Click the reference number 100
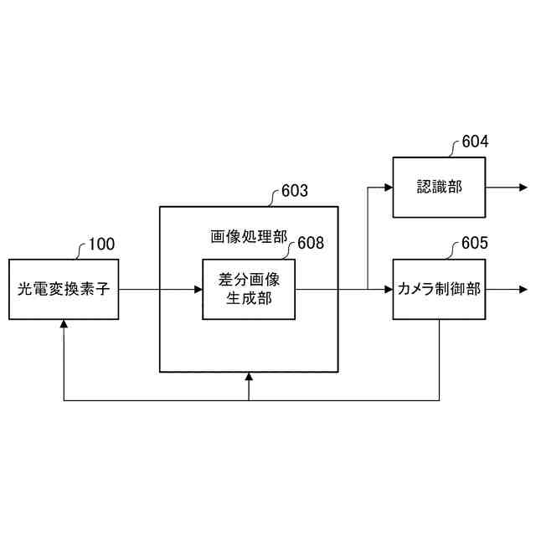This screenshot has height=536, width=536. (101, 245)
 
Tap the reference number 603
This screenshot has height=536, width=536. (294, 191)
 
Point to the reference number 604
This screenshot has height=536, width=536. (475, 142)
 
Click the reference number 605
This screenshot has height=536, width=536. (475, 245)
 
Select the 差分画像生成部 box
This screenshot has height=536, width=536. (249, 290)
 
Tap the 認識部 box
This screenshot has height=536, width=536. (439, 187)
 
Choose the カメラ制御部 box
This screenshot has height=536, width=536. (439, 290)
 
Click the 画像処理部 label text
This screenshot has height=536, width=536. (248, 237)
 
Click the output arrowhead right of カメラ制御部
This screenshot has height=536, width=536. (523, 290)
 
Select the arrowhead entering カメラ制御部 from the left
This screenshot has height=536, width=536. (388, 290)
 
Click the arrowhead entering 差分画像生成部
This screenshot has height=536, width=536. (198, 290)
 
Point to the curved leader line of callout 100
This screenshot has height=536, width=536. (80, 251)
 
